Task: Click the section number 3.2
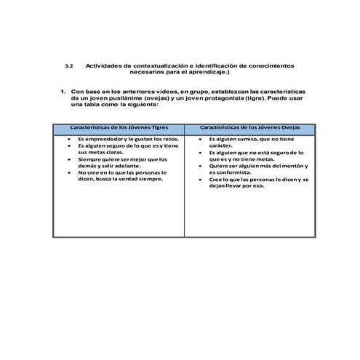[70, 65]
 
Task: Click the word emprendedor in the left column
[105, 139]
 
